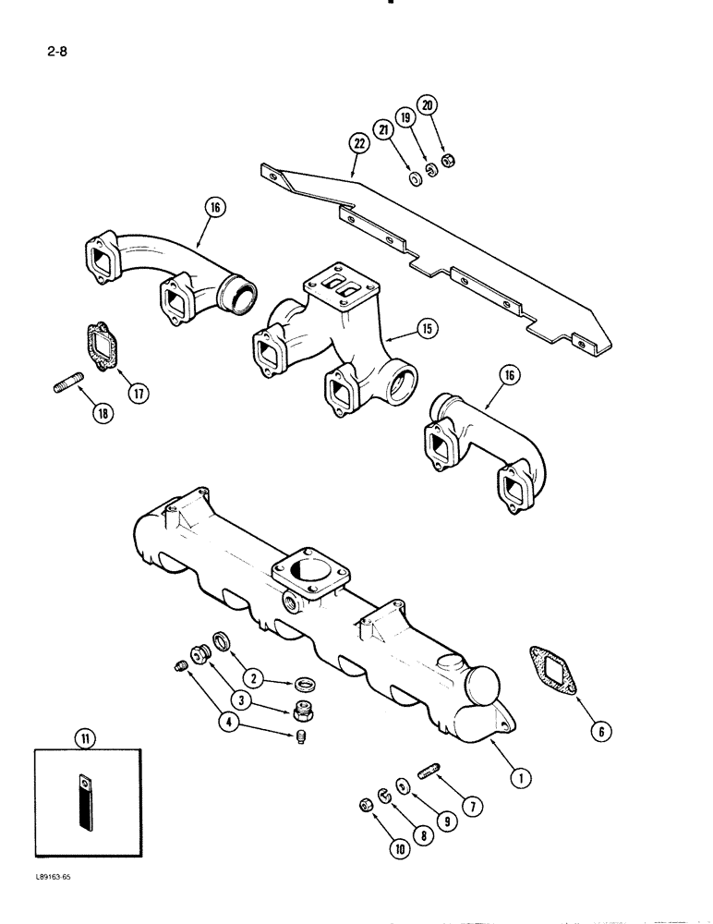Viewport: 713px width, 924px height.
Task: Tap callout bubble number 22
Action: [x=357, y=142]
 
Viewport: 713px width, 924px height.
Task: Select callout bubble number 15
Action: [x=427, y=327]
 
